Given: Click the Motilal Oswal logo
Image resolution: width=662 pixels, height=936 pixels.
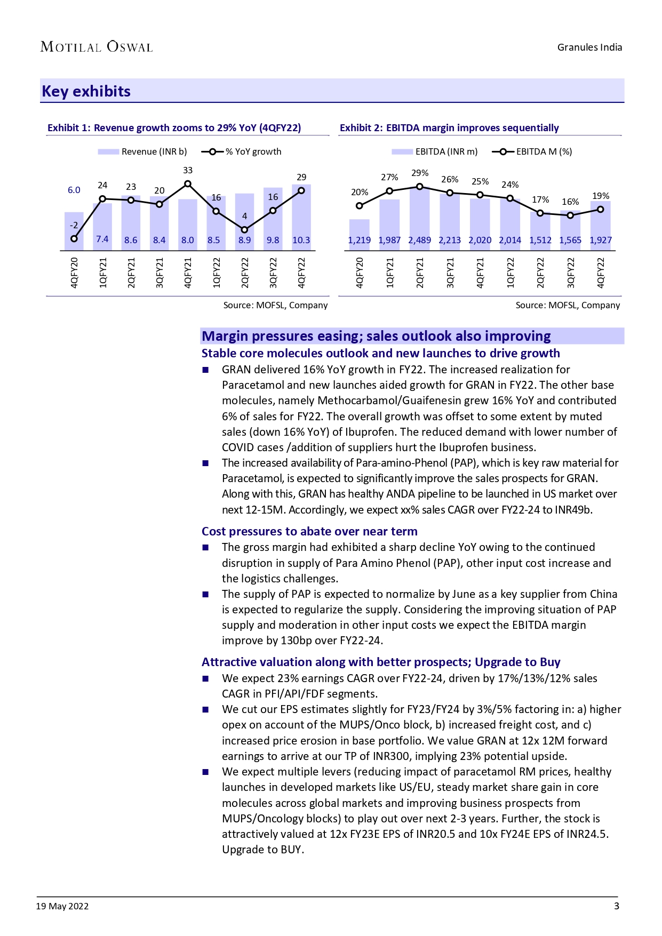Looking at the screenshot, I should [x=97, y=47].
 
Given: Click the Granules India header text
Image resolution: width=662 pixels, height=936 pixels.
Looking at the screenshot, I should [x=589, y=47].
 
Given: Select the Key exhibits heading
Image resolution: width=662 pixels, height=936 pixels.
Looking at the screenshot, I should [x=86, y=91].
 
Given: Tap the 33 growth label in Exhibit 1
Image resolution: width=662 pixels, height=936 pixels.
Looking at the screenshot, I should [x=188, y=171].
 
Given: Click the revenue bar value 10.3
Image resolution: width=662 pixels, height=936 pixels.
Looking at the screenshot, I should [x=301, y=240].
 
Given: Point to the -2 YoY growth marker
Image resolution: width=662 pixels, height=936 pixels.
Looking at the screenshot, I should [x=74, y=238].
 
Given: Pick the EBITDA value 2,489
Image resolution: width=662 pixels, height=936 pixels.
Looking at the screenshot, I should [x=419, y=240].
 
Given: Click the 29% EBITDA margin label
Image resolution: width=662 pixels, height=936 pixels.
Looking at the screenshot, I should [x=420, y=173].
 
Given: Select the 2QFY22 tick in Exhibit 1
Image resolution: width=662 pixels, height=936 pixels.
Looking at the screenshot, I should [x=245, y=273].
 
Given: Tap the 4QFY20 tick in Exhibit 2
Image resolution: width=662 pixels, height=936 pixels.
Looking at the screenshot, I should [x=360, y=273].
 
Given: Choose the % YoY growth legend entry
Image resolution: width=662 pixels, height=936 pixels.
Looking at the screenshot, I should [x=242, y=151].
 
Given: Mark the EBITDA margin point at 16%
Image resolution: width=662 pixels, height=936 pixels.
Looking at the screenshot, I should [x=570, y=215].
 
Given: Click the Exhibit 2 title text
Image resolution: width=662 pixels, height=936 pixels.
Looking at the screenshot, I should [x=449, y=128].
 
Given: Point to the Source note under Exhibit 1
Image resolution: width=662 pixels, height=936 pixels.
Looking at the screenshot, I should [x=275, y=305].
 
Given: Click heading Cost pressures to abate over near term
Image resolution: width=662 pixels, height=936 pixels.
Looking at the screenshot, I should [x=309, y=531].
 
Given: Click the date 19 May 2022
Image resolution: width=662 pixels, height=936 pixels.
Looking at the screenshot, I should [x=62, y=906].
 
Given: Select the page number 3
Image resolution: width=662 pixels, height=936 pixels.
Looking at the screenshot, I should [x=617, y=906].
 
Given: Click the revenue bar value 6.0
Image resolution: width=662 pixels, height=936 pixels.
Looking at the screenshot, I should [x=74, y=190].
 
